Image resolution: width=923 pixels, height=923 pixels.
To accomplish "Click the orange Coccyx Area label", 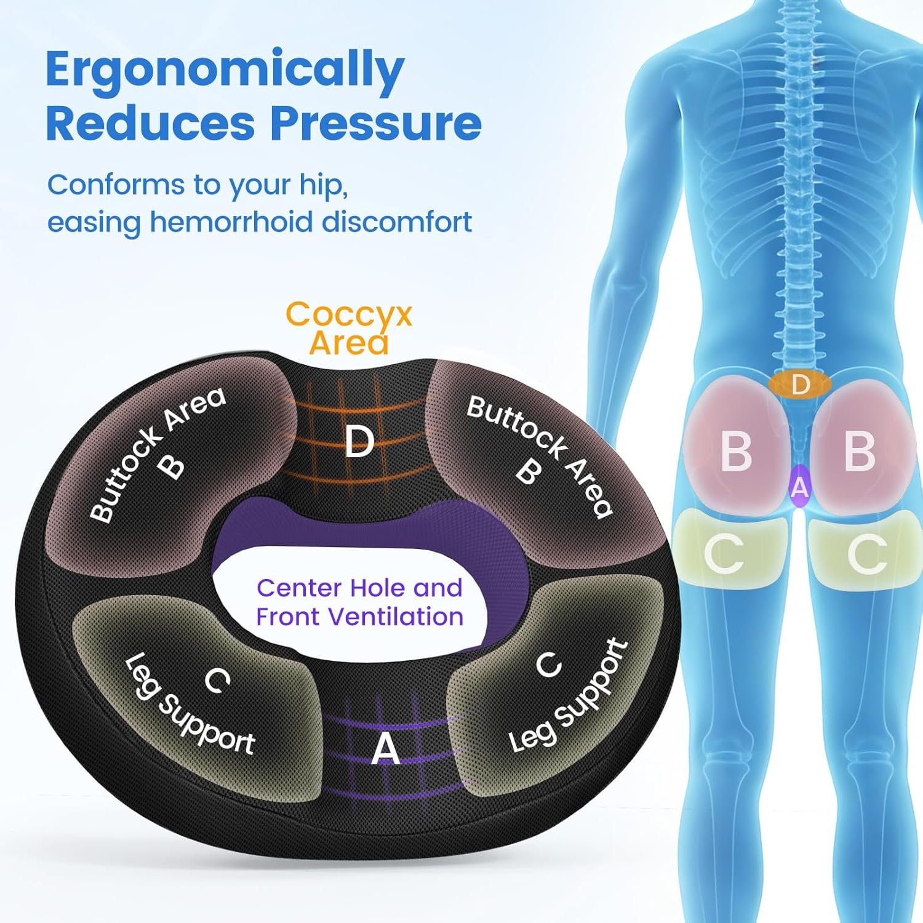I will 349,328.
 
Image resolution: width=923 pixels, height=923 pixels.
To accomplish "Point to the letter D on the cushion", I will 359,441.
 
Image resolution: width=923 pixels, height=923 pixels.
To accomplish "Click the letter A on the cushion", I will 386,749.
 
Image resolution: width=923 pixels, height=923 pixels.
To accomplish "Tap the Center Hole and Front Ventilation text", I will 359,602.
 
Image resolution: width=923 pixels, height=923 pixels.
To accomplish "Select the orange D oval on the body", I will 800,385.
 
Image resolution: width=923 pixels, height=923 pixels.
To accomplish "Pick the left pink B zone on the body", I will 736,451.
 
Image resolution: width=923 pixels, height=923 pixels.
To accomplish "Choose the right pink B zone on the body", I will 860,451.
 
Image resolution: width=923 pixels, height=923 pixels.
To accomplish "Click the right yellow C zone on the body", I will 866,554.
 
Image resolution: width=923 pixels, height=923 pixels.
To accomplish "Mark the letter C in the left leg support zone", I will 217,681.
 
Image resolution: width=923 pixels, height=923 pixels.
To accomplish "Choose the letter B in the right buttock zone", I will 528,472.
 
